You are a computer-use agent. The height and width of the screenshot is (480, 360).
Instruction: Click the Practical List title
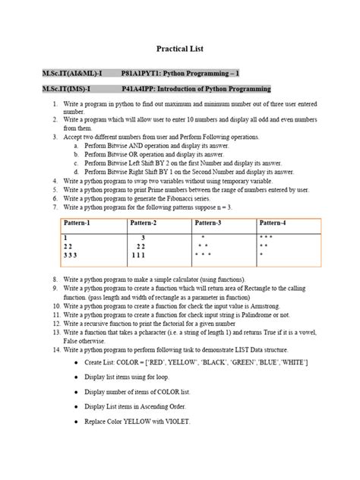tap(180, 49)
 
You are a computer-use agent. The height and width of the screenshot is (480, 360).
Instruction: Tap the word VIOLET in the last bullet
tap(176, 421)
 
